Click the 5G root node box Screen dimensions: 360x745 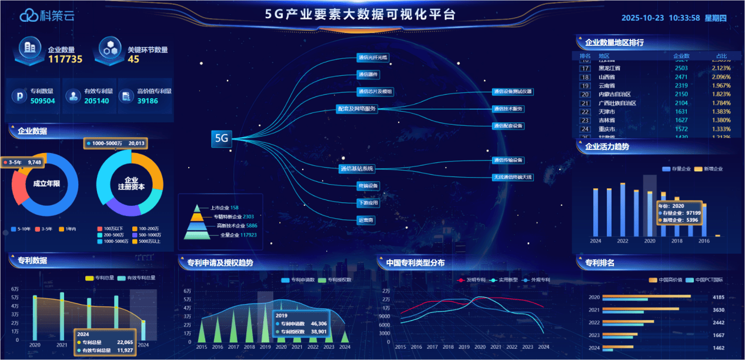tap(221, 138)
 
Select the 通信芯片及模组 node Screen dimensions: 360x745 tap(375, 92)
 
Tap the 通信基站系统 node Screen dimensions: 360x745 tap(357, 169)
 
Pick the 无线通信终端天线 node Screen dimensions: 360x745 tap(513, 176)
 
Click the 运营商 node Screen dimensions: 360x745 tap(366, 220)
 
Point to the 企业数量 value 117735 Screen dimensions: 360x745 tap(65, 59)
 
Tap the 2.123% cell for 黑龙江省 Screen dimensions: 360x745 tap(721, 68)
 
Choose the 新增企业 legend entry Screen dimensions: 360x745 tap(709, 169)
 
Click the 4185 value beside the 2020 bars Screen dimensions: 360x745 tap(719, 298)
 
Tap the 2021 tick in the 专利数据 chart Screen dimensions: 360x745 tap(62, 345)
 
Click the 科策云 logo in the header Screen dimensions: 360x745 tap(47, 16)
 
